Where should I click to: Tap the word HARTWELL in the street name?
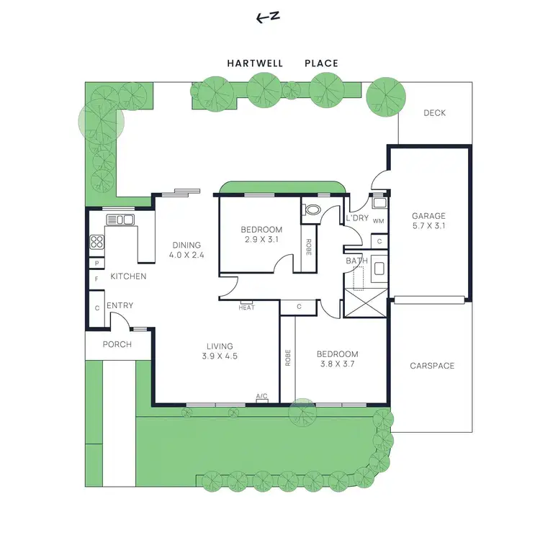pos(255,63)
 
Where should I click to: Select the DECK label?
pos(434,113)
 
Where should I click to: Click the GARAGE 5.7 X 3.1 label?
pos(428,221)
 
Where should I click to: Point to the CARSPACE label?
pos(432,366)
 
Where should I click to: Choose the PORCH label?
pos(117,345)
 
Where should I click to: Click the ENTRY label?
pos(120,306)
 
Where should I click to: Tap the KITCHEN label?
pos(128,276)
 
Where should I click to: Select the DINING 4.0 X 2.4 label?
pos(185,250)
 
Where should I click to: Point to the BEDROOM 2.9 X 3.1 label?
pos(261,235)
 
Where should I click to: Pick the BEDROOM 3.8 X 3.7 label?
pos(337,359)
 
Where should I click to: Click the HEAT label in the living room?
pos(247,307)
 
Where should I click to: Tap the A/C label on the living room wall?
pos(262,396)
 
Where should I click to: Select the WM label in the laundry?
pos(378,220)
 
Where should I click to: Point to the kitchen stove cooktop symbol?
pos(96,243)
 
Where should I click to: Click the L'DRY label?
pos(357,218)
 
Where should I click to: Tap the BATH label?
pos(356,261)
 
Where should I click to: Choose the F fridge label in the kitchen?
pos(96,279)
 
